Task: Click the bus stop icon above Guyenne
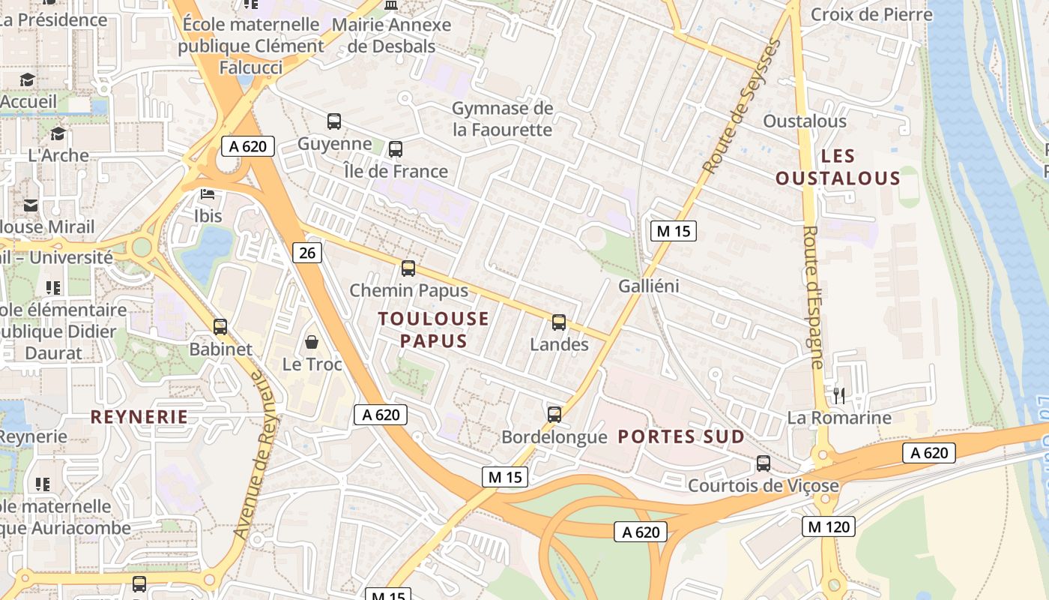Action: (334, 121)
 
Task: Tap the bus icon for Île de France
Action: (396, 149)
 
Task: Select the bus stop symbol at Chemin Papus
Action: (408, 268)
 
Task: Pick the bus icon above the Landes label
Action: (559, 322)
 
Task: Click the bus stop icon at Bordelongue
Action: (554, 414)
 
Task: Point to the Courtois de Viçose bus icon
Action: (764, 463)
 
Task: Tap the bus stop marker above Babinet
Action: (220, 327)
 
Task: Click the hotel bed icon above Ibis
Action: (208, 195)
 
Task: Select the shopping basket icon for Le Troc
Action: (312, 343)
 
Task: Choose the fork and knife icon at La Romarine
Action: (839, 395)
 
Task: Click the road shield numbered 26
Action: (307, 253)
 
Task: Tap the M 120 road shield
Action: (829, 526)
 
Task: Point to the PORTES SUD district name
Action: (681, 436)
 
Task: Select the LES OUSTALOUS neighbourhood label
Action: (838, 167)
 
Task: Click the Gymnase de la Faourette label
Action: (502, 119)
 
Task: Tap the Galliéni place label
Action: (649, 286)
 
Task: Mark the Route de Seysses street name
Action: (742, 106)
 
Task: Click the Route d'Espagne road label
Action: (814, 297)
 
